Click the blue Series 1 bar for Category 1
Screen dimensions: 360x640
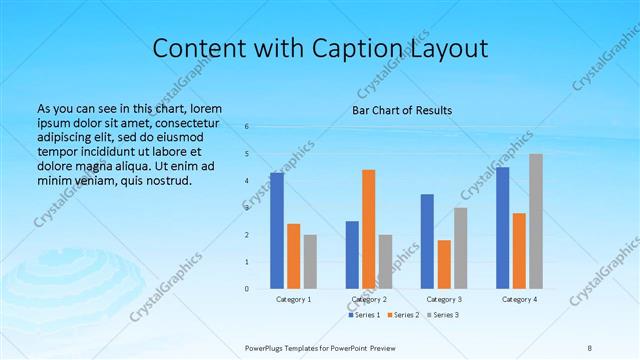click(x=277, y=231)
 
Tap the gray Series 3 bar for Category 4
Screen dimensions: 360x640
click(x=536, y=221)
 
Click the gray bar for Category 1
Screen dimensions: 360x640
click(x=310, y=262)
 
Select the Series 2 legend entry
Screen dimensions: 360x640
click(x=403, y=315)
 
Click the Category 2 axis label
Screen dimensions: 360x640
click(x=369, y=299)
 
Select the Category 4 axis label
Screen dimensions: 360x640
click(x=519, y=299)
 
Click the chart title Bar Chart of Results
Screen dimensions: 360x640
click(x=402, y=110)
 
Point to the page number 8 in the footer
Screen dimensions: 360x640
click(x=590, y=347)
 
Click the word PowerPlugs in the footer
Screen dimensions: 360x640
click(x=267, y=347)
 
